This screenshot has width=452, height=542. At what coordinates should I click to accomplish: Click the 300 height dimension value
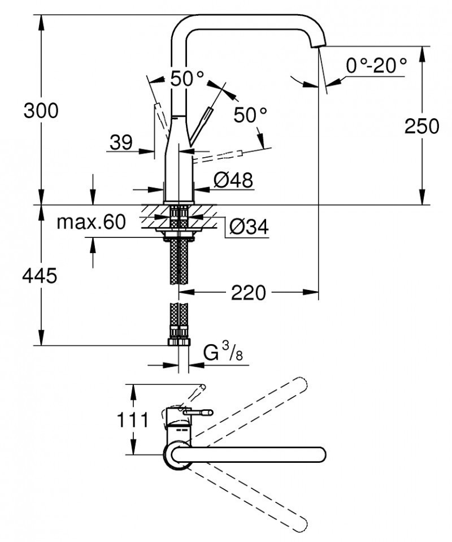41,111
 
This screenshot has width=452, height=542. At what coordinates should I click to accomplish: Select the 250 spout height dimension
421,126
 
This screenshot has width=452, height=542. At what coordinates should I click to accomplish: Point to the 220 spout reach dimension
248,292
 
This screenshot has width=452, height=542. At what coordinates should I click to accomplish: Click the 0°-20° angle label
376,66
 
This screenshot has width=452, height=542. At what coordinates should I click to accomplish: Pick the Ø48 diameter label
233,180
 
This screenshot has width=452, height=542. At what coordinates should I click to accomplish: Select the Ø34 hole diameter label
249,227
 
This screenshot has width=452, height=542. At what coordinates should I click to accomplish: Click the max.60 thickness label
90,222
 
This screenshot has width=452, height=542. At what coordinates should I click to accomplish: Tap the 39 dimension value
121,142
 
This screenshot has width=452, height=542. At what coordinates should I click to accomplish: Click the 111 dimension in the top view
134,420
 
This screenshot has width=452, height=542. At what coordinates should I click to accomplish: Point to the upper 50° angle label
187,79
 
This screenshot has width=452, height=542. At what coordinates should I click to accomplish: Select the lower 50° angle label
250,115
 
